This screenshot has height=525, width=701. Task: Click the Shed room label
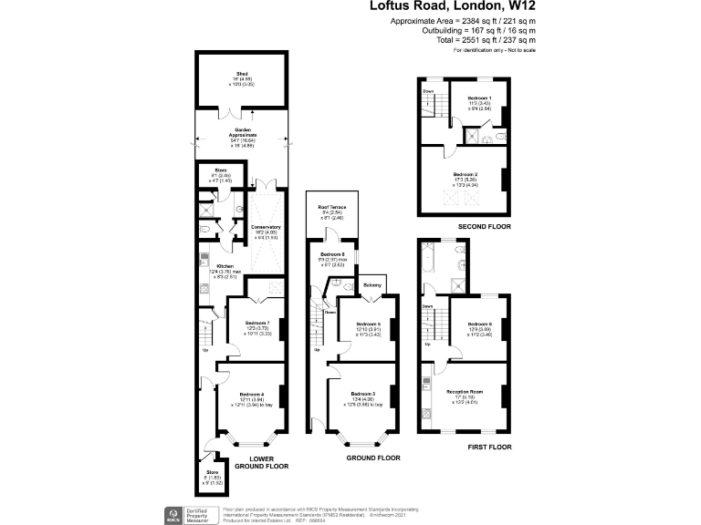point(242,73)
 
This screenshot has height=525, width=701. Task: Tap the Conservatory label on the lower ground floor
point(266,227)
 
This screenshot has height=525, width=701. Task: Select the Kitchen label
point(225,266)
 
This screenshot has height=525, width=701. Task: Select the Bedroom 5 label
point(368,324)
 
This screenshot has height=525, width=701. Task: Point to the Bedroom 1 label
point(479,98)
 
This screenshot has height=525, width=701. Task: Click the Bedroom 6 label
point(479,324)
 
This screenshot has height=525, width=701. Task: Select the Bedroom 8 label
point(331,253)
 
